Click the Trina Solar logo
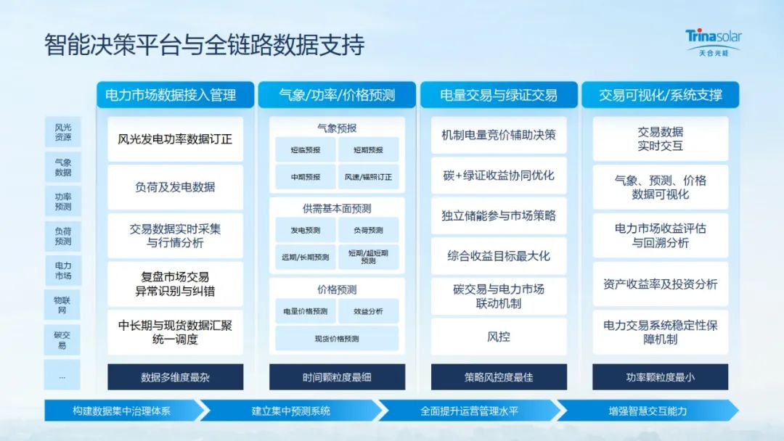714,43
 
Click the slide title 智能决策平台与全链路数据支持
204,45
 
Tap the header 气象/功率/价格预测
337,95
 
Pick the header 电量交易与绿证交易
499,95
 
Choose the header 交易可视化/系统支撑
661,95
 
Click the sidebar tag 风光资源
63,132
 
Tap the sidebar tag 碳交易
62,339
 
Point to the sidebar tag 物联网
62,305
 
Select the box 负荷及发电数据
175,187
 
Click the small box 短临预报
306,150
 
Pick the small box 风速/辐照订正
368,177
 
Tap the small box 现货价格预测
337,339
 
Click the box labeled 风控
499,337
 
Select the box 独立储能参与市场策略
499,215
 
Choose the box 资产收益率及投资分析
661,284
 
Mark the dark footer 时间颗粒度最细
337,377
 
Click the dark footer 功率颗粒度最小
661,377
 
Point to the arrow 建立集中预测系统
291,411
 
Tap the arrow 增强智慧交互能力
648,411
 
